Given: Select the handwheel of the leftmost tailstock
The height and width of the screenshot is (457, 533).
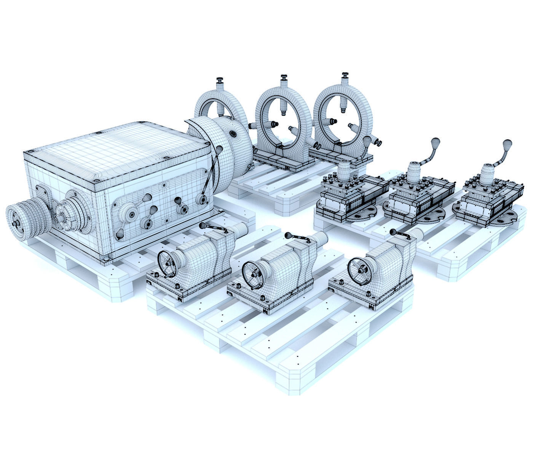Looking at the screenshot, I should [x=166, y=263].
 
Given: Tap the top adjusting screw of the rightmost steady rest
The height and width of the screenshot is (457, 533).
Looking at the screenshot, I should [x=345, y=78].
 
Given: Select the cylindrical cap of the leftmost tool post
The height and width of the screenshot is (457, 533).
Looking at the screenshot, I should [x=345, y=169].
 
